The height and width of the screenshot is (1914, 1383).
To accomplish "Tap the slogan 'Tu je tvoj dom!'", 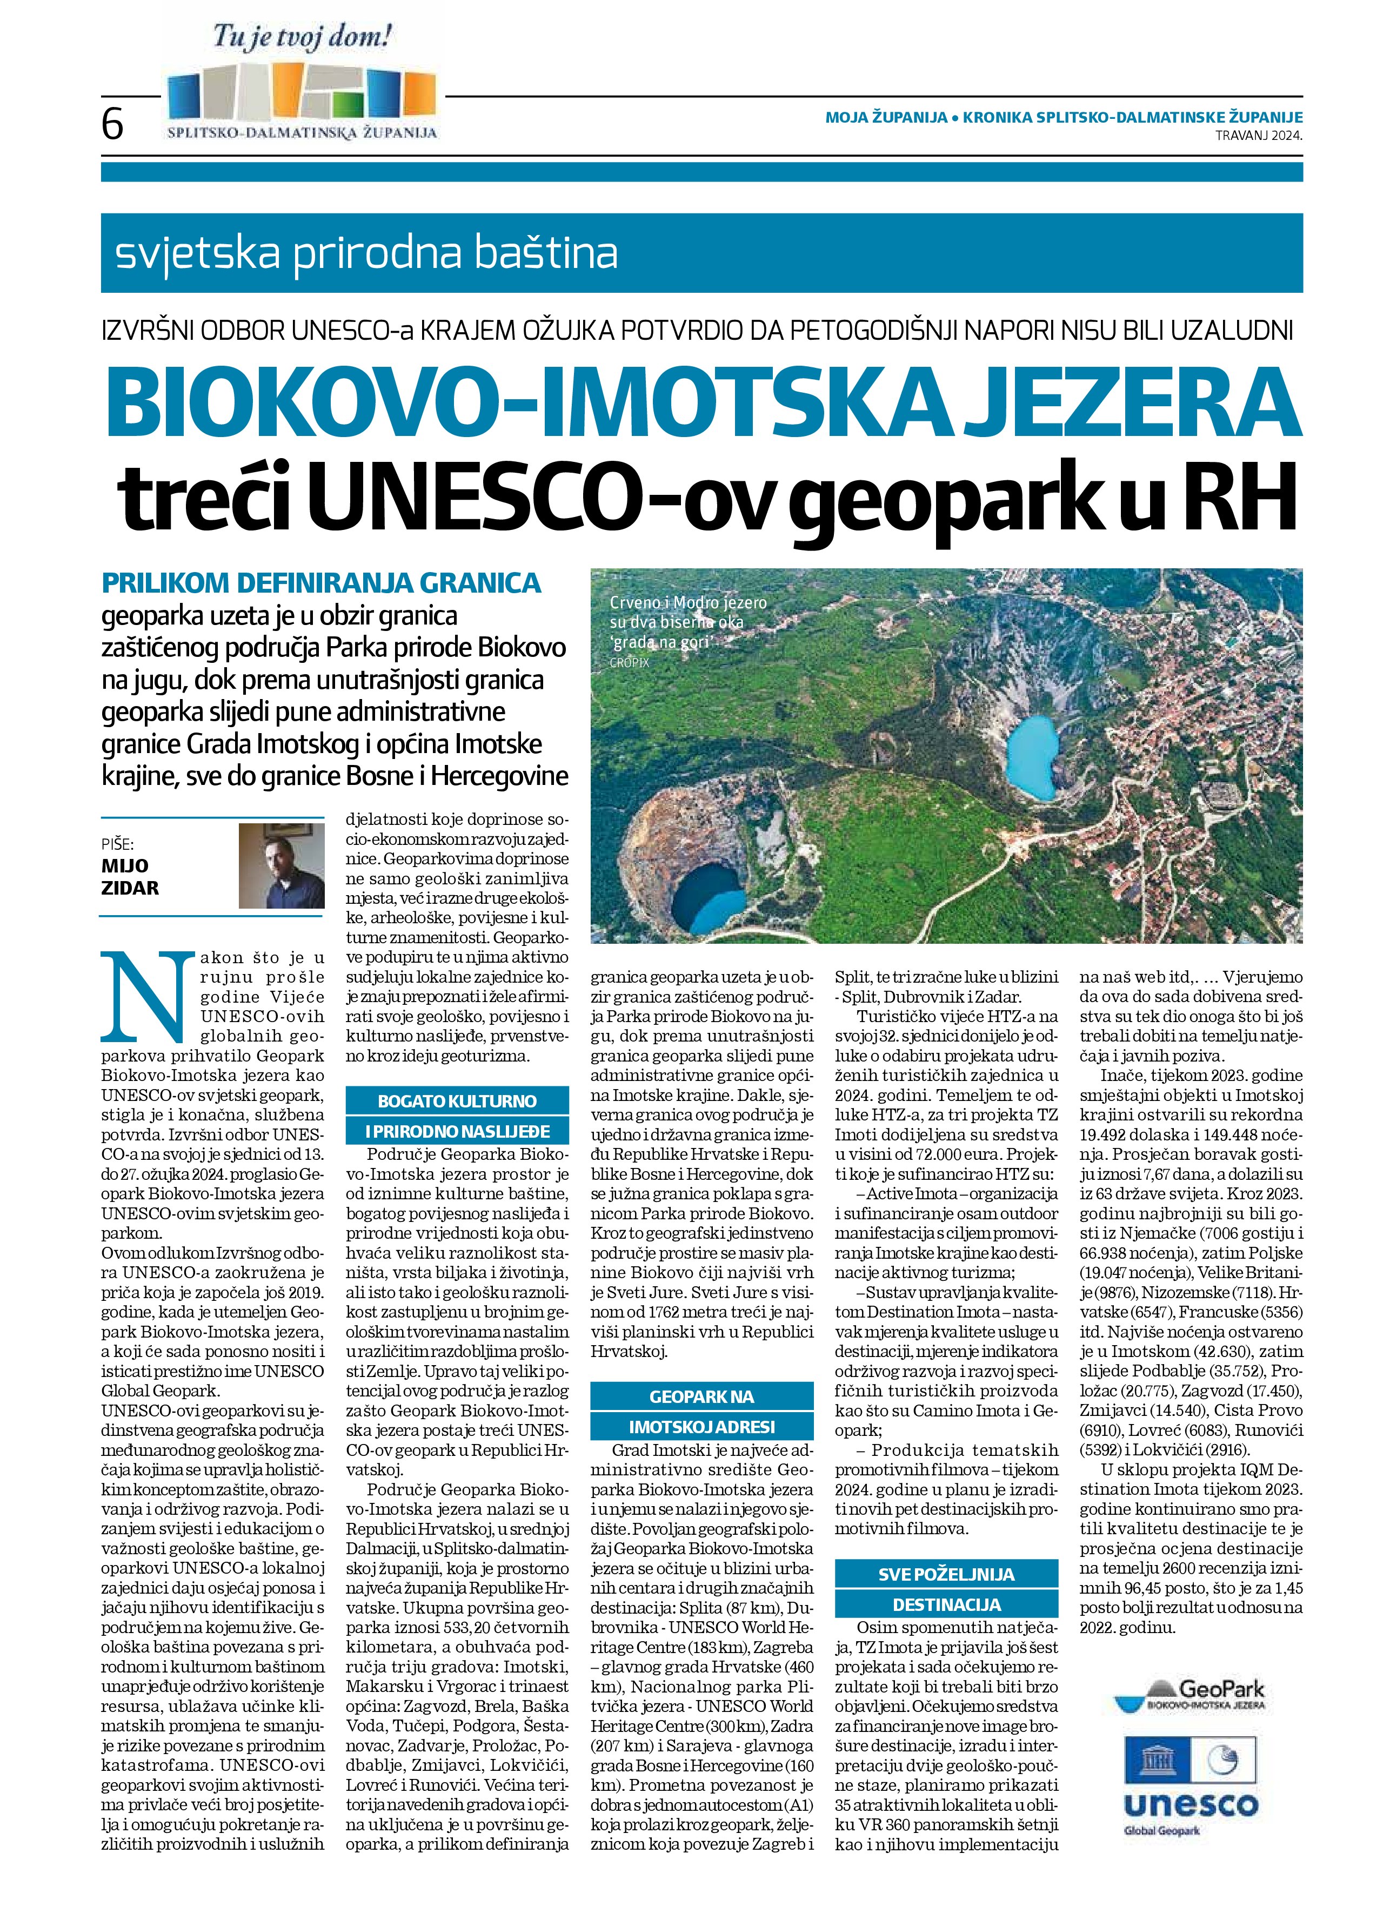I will click(302, 38).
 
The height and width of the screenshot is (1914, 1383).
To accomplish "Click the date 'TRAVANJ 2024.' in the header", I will click(1258, 135).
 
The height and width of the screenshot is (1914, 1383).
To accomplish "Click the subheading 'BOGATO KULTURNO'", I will click(457, 1102).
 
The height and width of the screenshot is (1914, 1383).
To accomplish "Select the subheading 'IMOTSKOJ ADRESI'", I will click(701, 1426).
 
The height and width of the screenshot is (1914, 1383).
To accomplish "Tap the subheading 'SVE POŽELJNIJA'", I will click(946, 1574).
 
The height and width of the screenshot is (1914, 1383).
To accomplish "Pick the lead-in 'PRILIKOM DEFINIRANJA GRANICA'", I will click(321, 583).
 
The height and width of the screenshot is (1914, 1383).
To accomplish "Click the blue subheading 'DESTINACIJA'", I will click(946, 1604).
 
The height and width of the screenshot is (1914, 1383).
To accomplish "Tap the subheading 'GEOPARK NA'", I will click(701, 1396).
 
